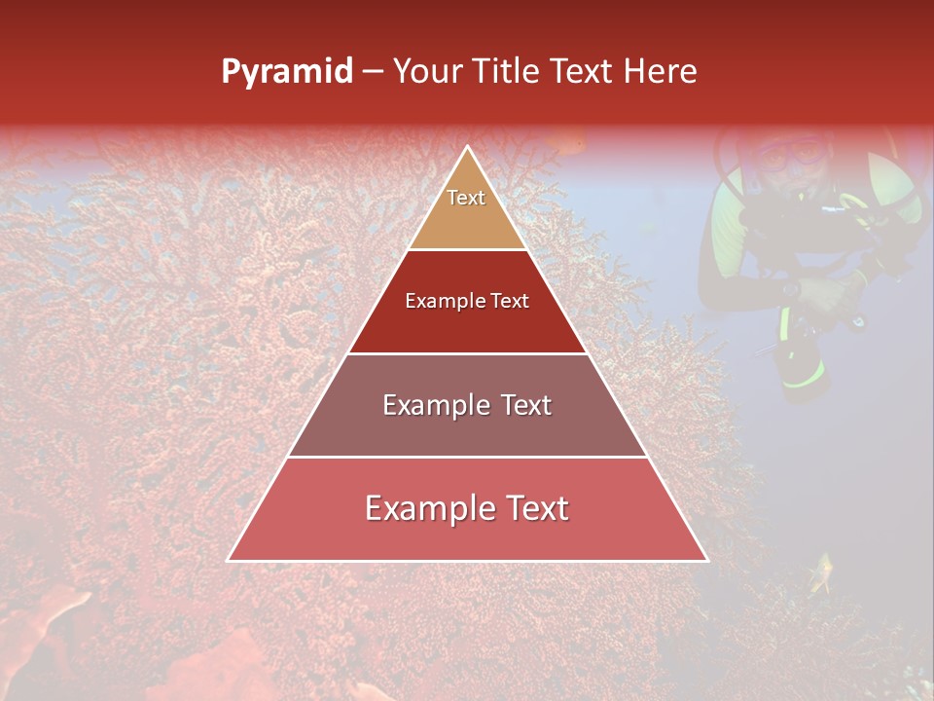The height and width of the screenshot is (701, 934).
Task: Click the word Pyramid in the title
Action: tap(287, 72)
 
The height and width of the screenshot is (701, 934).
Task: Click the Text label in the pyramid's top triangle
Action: tap(466, 198)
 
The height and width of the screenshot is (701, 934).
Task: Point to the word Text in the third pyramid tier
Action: tap(526, 405)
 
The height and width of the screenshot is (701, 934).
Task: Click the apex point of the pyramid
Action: tap(467, 147)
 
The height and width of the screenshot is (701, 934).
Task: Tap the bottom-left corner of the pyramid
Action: tap(229, 560)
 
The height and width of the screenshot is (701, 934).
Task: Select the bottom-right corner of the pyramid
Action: tap(706, 560)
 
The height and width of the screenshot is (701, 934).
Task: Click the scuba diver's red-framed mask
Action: tap(790, 153)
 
